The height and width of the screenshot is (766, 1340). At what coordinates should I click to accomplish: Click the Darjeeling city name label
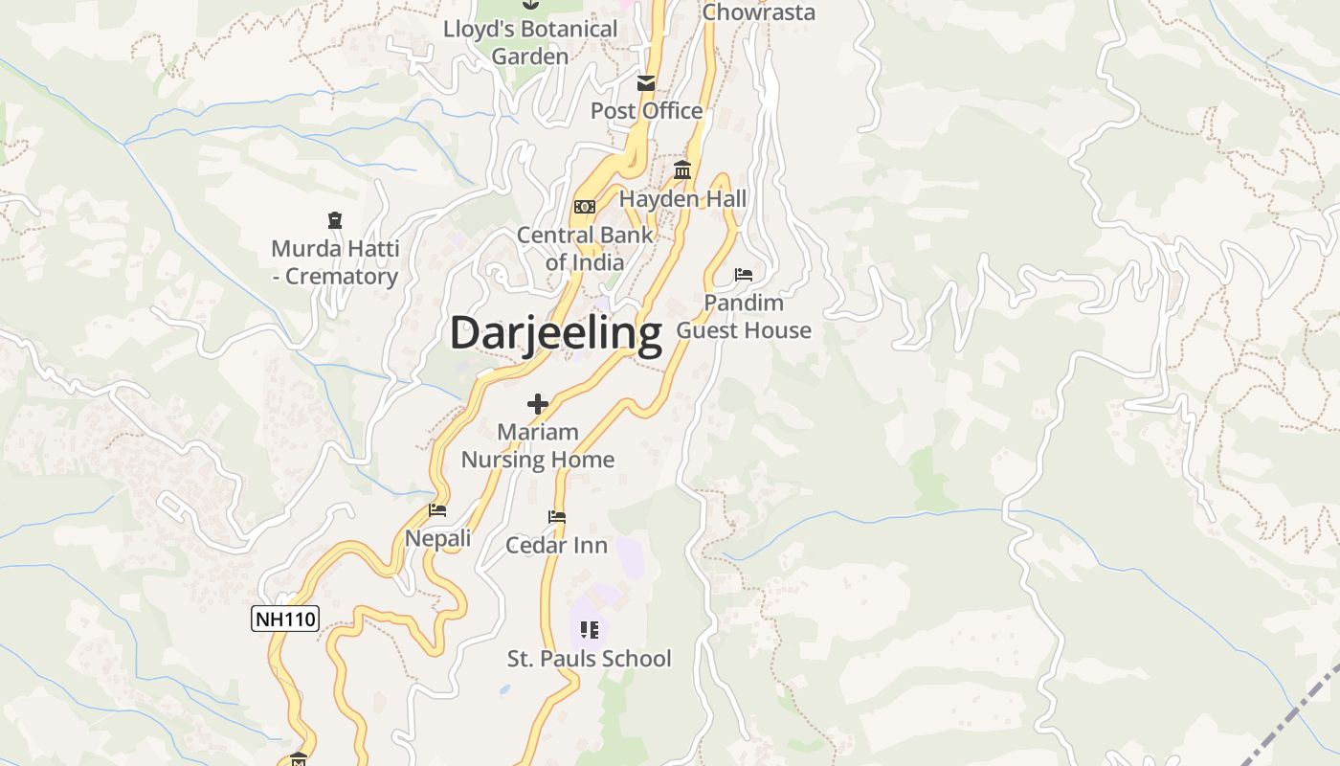[555, 334]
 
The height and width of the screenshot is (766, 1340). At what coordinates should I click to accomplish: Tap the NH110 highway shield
[284, 619]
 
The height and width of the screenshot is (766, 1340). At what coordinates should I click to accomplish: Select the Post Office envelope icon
[646, 83]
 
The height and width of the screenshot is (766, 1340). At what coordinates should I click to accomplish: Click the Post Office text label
[646, 111]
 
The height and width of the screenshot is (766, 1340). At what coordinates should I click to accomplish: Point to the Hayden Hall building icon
[682, 170]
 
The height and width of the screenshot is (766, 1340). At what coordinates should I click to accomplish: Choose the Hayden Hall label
[682, 199]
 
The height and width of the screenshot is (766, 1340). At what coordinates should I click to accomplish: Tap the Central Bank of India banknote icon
[584, 207]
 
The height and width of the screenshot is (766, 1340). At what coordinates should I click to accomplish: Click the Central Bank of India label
[585, 248]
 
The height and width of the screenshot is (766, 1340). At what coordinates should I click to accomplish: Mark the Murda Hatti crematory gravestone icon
[334, 221]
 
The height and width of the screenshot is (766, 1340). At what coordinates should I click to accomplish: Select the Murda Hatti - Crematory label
[335, 262]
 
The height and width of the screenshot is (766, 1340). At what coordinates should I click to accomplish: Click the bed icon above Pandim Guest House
[744, 275]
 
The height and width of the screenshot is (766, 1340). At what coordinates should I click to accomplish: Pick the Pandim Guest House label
[744, 316]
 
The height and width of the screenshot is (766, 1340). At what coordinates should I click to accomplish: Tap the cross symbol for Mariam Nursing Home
[538, 404]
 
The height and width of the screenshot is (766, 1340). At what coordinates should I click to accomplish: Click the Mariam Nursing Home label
[538, 445]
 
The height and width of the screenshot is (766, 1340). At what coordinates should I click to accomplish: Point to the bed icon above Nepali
[437, 510]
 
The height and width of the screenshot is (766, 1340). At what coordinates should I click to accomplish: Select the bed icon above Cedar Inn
[556, 517]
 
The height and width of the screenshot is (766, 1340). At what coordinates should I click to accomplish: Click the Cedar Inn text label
[556, 545]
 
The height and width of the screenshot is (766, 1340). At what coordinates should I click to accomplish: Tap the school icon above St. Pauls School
[589, 630]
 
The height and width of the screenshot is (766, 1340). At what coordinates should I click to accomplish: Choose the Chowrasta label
[758, 12]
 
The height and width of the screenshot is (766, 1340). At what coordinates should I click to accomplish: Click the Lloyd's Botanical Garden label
[530, 42]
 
